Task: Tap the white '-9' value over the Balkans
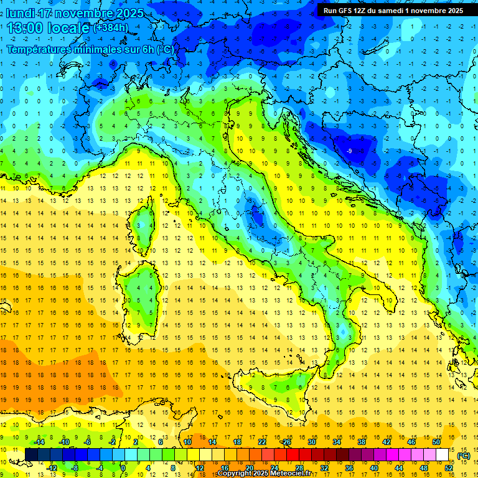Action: point(349,151)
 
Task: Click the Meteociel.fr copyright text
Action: point(263,474)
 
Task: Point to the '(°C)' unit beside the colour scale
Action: point(464,456)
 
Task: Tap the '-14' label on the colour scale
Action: point(40,442)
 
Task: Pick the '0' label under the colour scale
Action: point(123,468)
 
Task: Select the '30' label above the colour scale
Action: point(312,442)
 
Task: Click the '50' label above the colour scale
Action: point(436,442)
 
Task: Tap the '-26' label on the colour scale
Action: point(286,442)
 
